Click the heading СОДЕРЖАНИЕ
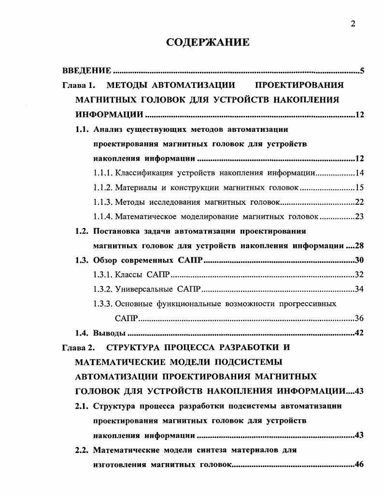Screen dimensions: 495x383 coord(208,42)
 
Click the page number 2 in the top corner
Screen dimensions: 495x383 coord(353,24)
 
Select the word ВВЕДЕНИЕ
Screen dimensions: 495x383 coord(87,71)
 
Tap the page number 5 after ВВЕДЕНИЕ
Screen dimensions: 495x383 coord(362,71)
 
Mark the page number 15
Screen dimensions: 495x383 coord(359,187)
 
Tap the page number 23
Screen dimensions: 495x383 coord(359,216)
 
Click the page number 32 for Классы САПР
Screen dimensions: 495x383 coord(359,275)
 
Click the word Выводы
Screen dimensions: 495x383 coord(109,333)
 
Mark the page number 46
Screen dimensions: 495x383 coord(359,465)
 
